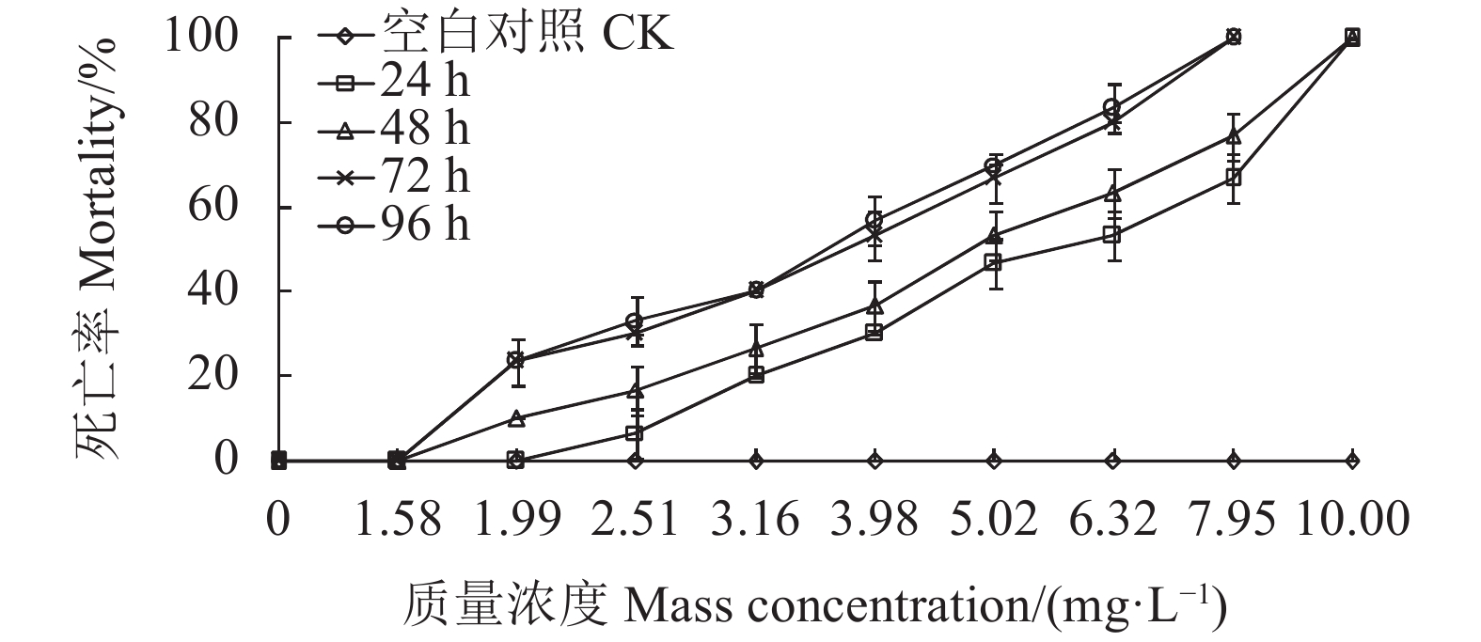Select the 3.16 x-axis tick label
[755, 518]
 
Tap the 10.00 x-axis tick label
[1352, 518]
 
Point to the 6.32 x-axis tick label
[1113, 518]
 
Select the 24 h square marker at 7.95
[1233, 178]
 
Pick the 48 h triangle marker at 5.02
[994, 236]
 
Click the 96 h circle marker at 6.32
[1112, 108]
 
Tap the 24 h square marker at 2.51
[635, 433]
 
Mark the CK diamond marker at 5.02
[994, 460]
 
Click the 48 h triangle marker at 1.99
[515, 418]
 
